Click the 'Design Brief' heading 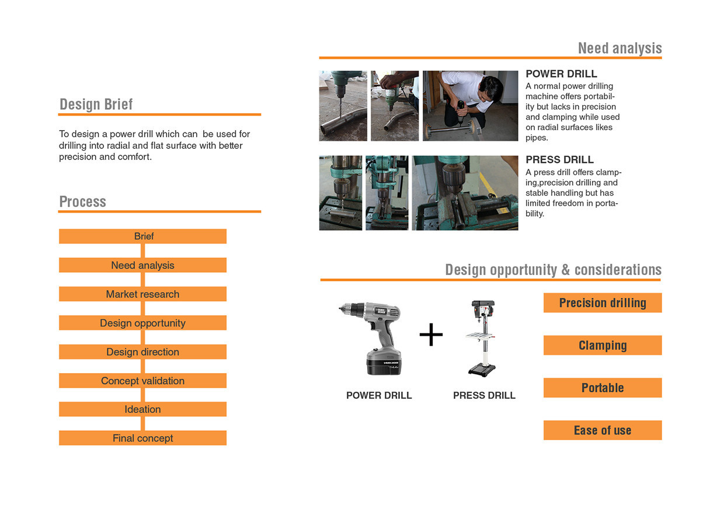pyautogui.click(x=96, y=105)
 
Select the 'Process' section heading pyautogui.click(x=83, y=202)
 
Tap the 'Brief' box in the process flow pyautogui.click(x=143, y=236)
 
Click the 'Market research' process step pyautogui.click(x=143, y=294)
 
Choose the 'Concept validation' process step pyautogui.click(x=143, y=381)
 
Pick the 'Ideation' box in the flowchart pyautogui.click(x=143, y=409)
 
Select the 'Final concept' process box pyautogui.click(x=143, y=438)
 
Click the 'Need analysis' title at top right pyautogui.click(x=619, y=48)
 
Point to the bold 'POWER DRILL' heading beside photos pyautogui.click(x=561, y=74)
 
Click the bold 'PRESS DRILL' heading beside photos pyautogui.click(x=559, y=160)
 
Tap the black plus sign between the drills pyautogui.click(x=431, y=335)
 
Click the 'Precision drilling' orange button pyautogui.click(x=603, y=303)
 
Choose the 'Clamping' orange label pyautogui.click(x=603, y=346)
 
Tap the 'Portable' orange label pyautogui.click(x=603, y=388)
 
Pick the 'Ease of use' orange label pyautogui.click(x=603, y=431)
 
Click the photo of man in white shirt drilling pyautogui.click(x=470, y=106)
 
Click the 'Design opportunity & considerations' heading pyautogui.click(x=553, y=270)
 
